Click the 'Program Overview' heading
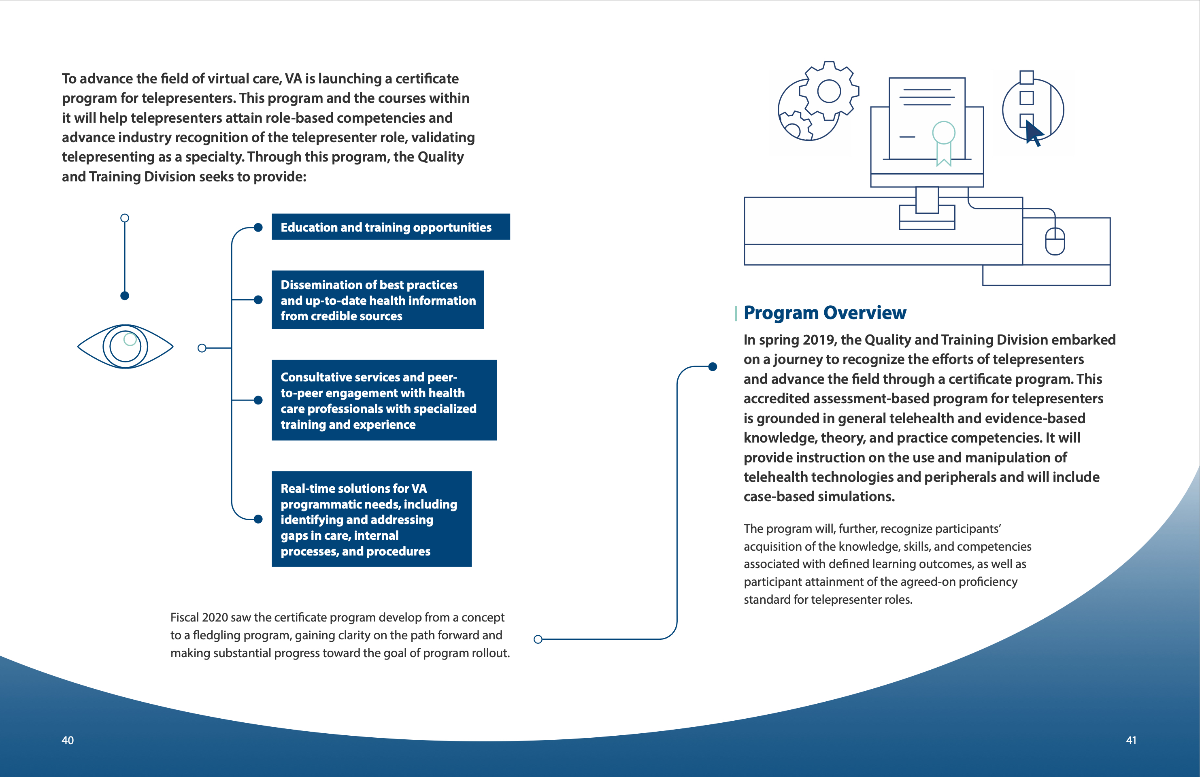point(825,313)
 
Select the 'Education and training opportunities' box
point(390,227)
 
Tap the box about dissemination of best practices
point(377,300)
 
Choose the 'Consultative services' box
point(384,400)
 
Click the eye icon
point(126,347)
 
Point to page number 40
point(68,740)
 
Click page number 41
point(1131,740)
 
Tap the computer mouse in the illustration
point(1055,241)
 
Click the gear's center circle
point(829,91)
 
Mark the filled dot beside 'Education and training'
point(258,228)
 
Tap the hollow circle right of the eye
point(202,348)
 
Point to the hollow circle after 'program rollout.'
point(538,639)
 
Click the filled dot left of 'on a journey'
point(713,366)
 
